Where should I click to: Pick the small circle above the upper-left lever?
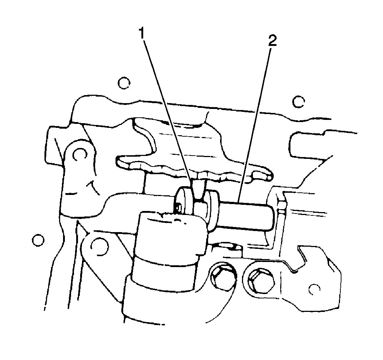point(124,83)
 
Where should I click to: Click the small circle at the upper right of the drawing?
point(298,102)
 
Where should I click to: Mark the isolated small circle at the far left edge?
point(38,240)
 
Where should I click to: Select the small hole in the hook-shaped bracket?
point(314,289)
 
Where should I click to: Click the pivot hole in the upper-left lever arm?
point(80,154)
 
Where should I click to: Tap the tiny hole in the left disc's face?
point(179,208)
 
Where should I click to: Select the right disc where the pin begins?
point(212,209)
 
